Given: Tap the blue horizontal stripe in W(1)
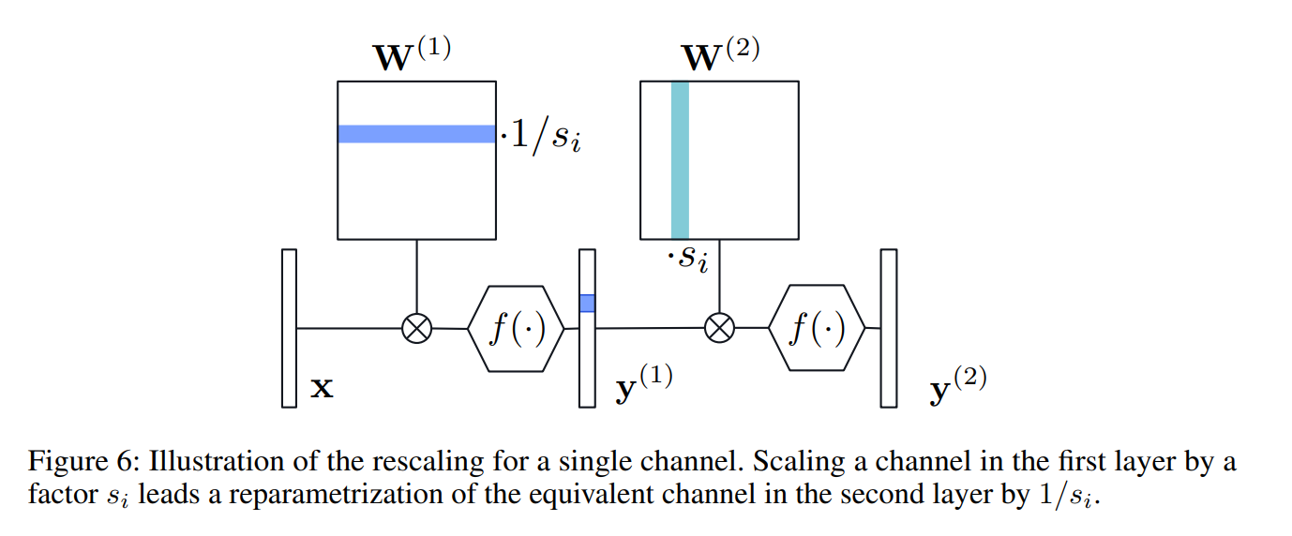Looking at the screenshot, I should tap(416, 134).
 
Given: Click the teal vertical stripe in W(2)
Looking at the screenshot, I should tap(680, 159).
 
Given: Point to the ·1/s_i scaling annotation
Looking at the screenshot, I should tap(541, 139).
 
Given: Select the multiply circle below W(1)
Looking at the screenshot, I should tap(416, 328).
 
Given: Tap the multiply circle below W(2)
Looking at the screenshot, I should tap(719, 328).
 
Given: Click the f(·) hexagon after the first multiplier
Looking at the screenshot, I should tap(515, 328).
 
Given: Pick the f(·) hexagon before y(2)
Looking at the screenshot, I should tap(817, 328).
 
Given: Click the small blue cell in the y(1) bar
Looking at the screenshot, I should tap(587, 303).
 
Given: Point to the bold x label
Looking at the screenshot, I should tap(322, 387).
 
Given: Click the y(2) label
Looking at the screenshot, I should tap(957, 384).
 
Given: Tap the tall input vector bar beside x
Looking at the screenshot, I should tap(289, 328).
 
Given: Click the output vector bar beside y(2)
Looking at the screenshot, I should tap(888, 328).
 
